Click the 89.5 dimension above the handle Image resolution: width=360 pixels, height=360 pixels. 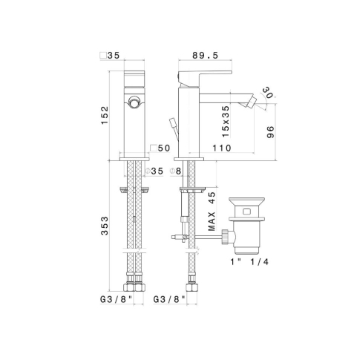pos(206,55)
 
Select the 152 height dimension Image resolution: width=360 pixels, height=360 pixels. pos(105,115)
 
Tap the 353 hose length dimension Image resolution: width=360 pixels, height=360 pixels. pos(105,226)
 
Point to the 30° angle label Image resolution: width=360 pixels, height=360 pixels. pos(267,92)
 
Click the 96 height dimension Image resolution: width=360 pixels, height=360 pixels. pos(270,132)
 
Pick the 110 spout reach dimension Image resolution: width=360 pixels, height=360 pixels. pos(222,148)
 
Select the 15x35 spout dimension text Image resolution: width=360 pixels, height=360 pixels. pos(226,122)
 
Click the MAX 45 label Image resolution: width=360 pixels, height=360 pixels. pos(212,212)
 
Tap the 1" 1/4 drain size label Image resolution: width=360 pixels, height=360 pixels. pos(249,262)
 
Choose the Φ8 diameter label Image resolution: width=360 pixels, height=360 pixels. pos(175,171)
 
